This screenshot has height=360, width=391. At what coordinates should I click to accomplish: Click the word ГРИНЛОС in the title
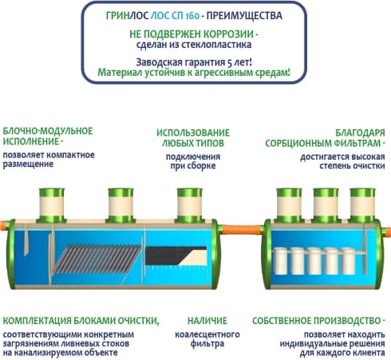pyautogui.click(x=127, y=15)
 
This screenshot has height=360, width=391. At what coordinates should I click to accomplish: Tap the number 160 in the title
pyautogui.click(x=192, y=16)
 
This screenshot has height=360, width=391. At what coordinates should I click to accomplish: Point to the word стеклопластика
pyautogui.click(x=216, y=44)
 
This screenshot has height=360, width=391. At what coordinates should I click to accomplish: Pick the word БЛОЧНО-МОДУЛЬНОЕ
pyautogui.click(x=48, y=131)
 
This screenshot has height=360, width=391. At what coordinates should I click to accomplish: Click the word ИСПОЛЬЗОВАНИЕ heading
pyautogui.click(x=193, y=133)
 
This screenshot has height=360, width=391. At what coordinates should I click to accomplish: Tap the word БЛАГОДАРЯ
pyautogui.click(x=360, y=133)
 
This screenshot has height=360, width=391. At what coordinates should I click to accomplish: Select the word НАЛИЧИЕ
pyautogui.click(x=207, y=321)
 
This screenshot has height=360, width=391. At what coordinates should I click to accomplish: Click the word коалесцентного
pyautogui.click(x=207, y=334)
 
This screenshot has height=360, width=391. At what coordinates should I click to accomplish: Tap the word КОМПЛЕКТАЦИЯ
pyautogui.click(x=38, y=321)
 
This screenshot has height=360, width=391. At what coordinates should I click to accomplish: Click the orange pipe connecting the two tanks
pyautogui.click(x=242, y=229)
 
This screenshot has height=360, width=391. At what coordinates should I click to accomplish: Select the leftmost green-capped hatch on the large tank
pyautogui.click(x=52, y=205)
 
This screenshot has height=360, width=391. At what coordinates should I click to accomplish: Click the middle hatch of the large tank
pyautogui.click(x=120, y=205)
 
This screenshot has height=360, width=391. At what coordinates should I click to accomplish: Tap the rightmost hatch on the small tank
pyautogui.click(x=362, y=205)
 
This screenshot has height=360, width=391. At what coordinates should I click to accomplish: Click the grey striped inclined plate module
pyautogui.click(x=98, y=259)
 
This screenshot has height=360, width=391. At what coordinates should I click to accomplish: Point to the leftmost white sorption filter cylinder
pyautogui.click(x=281, y=261)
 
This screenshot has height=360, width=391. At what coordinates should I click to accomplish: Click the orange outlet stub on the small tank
pyautogui.click(x=387, y=231)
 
